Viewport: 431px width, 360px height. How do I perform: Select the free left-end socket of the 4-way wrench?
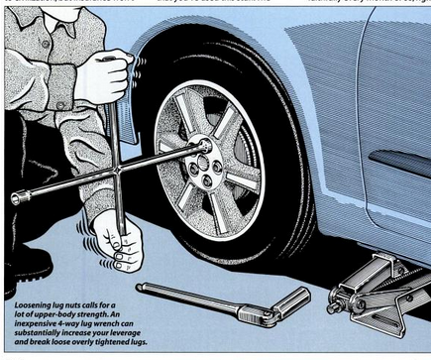[18, 199]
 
